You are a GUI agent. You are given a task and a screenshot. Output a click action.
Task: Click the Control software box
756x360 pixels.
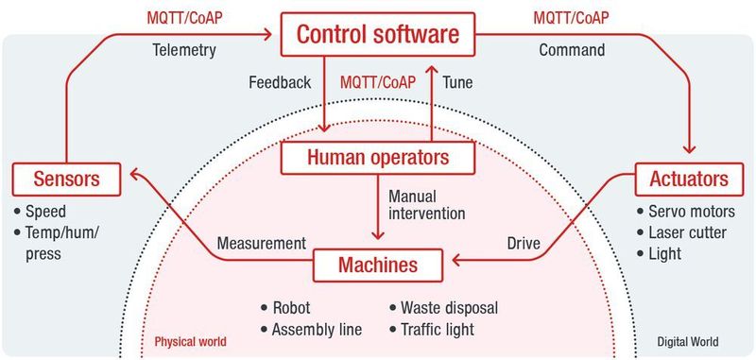click(378, 36)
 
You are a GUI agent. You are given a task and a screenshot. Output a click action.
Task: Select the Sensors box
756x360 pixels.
click(68, 177)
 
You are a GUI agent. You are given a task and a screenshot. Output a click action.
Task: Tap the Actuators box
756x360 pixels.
click(688, 177)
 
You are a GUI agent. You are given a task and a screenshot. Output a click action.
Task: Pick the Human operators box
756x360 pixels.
click(378, 157)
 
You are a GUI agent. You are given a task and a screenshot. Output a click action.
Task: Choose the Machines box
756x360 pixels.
click(378, 264)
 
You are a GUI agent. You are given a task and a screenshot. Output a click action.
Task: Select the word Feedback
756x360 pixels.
click(280, 82)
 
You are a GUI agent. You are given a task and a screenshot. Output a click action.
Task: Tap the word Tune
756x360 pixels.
click(457, 82)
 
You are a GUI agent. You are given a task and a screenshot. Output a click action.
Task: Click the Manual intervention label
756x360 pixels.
click(426, 204)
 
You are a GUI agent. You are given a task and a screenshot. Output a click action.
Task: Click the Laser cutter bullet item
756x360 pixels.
click(684, 232)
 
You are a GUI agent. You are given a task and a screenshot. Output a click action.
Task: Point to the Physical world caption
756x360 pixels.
click(189, 341)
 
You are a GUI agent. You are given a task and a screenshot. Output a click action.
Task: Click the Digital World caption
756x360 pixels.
click(688, 341)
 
